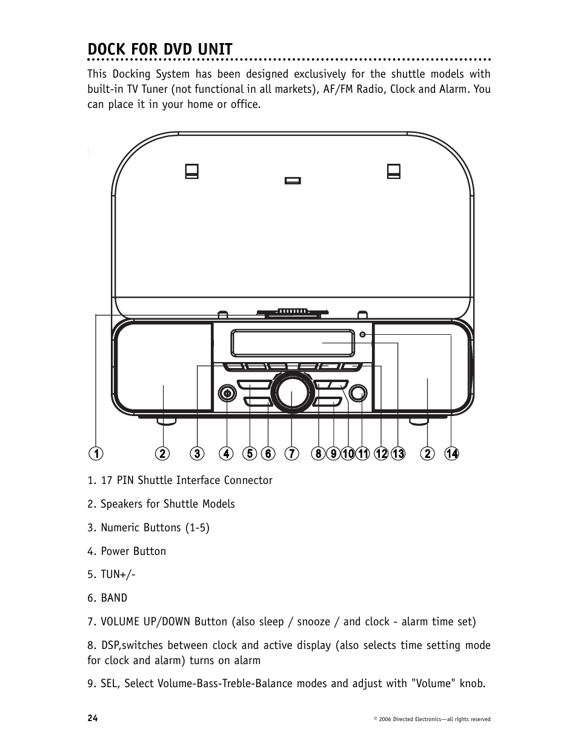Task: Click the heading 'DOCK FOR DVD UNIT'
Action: pos(159,49)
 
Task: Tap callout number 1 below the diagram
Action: pos(95,454)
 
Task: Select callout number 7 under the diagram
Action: pos(291,454)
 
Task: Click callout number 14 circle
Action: pos(451,454)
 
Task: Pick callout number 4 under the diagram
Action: pos(226,454)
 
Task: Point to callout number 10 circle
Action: pos(348,454)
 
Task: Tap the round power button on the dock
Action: pos(227,394)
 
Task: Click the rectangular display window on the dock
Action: pos(291,343)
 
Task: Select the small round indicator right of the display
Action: pos(362,335)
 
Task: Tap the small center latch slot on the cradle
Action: pos(293,180)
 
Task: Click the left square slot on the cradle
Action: pos(193,172)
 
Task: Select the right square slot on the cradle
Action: pos(393,172)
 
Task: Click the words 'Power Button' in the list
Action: pos(133,551)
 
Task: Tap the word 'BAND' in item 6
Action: pos(114,598)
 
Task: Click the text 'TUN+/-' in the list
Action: pos(118,574)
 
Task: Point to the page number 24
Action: pos(92,718)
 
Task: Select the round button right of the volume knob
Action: pos(358,394)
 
